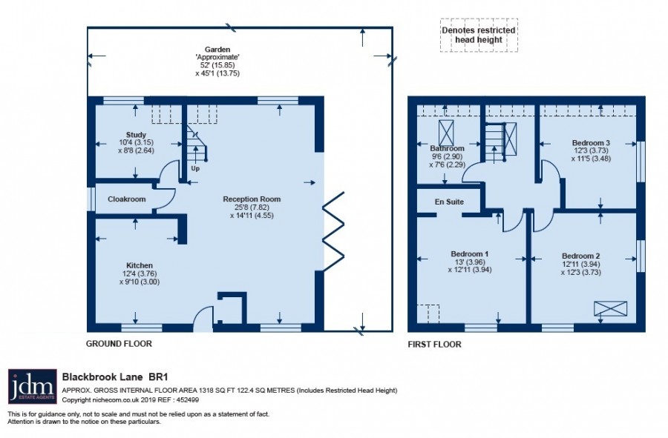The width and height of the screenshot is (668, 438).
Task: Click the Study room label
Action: coord(136,135)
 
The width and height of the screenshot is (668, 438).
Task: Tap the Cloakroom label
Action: coord(126,199)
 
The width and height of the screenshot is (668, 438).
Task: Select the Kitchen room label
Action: coord(140,265)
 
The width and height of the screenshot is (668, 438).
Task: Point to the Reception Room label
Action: coord(252,199)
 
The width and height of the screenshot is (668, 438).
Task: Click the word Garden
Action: coord(217,50)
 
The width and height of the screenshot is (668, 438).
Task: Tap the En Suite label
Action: coord(449,202)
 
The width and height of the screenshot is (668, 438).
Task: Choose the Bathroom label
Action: coord(447,148)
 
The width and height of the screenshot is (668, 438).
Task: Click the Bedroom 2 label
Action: coord(580,256)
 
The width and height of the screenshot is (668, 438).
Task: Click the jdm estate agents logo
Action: coord(33,386)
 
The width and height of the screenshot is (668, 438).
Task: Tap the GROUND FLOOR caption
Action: coord(119,344)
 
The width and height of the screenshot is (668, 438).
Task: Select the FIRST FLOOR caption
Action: coord(434,345)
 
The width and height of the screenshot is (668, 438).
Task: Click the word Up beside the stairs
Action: coord(195,168)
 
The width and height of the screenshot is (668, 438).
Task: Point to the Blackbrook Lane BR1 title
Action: coord(115,376)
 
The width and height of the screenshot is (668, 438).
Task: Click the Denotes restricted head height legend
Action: coord(479,35)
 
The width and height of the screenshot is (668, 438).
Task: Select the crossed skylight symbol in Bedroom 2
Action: coord(611,309)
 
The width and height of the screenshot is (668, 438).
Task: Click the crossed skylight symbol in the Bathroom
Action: coord(446,133)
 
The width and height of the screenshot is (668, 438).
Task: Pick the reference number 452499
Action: coord(188,399)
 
